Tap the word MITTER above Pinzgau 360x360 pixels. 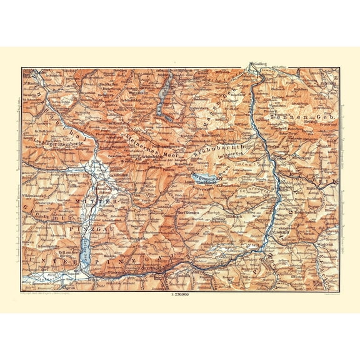tap(99, 204)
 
